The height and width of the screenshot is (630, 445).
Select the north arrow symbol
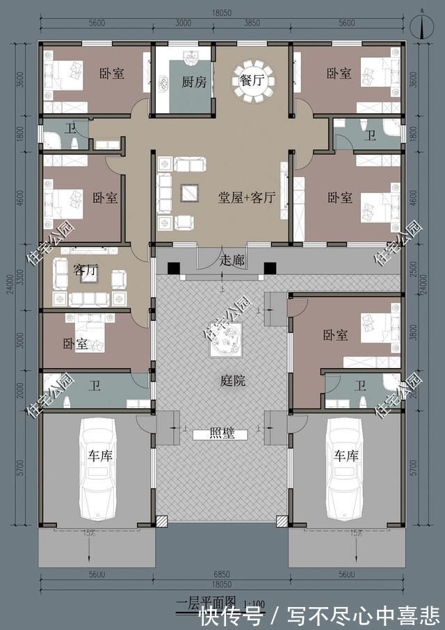423,26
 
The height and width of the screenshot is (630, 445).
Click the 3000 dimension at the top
183,24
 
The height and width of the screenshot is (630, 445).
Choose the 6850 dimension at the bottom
222,574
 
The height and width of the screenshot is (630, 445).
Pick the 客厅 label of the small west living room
85,271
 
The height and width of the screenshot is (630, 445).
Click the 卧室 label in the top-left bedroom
111,73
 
